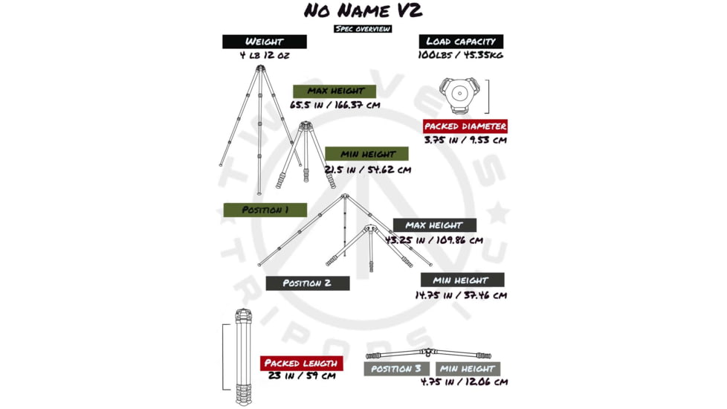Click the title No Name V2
[363, 11]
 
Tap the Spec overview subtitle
[363, 29]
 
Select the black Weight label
[265, 42]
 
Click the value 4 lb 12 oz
[264, 56]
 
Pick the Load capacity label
[461, 42]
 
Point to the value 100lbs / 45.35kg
[461, 56]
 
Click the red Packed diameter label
[465, 126]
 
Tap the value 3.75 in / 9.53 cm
[465, 140]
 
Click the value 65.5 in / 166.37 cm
[335, 105]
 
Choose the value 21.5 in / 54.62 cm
[368, 169]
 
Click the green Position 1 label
[265, 210]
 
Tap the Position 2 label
[307, 283]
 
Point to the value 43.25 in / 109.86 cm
[434, 239]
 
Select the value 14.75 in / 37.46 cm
[461, 294]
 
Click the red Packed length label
[301, 363]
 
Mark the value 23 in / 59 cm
[302, 376]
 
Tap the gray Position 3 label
[397, 369]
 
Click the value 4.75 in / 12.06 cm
[464, 382]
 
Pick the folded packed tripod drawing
[244, 357]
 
